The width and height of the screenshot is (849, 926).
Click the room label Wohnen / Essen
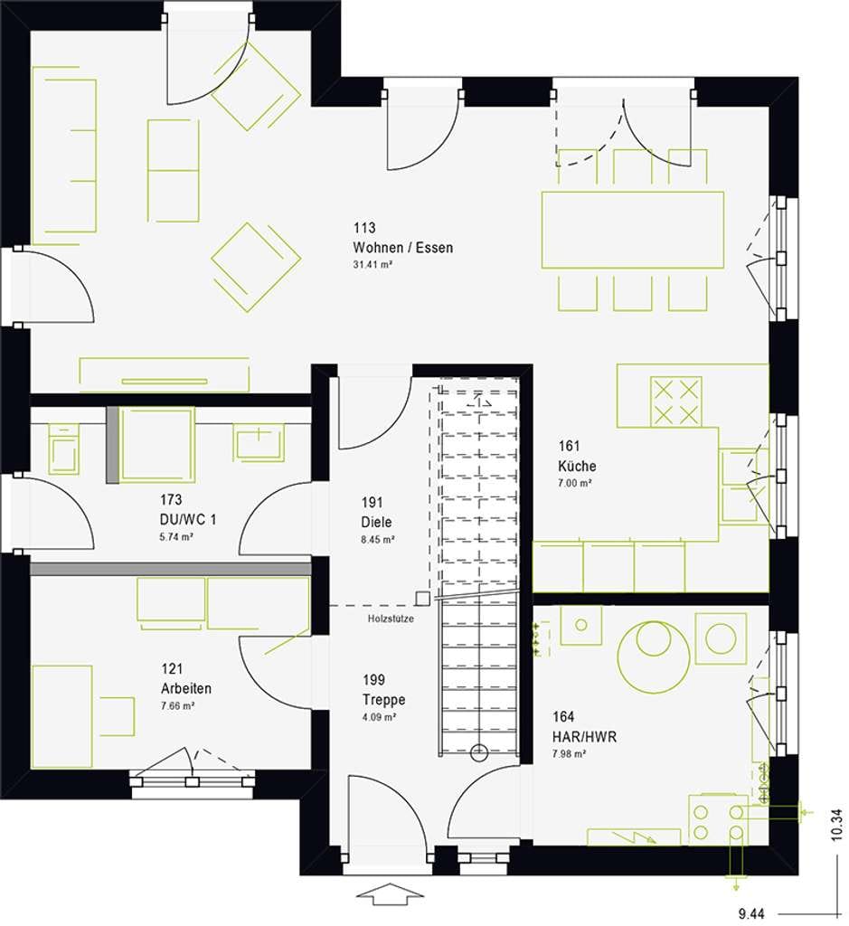pos(402,248)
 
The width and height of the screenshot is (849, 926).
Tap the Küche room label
pos(577,466)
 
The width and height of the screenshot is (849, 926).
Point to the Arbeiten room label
pos(186,688)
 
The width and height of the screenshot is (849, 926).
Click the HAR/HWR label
pos(584,736)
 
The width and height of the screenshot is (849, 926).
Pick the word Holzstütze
pos(391,619)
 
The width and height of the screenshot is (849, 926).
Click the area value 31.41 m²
pos(373,265)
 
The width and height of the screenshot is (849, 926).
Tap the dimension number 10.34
pos(837,826)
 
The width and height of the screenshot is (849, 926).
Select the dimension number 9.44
pos(751,915)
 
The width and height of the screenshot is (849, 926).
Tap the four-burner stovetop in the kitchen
pos(676,402)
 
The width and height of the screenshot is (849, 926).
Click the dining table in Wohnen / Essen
pos(632,230)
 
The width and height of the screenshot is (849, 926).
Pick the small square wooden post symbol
pos(422,599)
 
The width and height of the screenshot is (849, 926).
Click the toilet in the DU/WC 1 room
pos(64,448)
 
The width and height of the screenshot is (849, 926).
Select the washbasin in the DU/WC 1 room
pos(259,442)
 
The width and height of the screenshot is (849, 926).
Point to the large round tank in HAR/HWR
pos(654,656)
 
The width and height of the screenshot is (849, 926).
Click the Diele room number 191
pos(372,502)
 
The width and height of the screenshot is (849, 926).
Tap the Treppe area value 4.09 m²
pos(379,717)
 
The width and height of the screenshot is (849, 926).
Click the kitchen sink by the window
pos(739,485)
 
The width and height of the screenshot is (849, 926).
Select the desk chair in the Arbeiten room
pos(117,716)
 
